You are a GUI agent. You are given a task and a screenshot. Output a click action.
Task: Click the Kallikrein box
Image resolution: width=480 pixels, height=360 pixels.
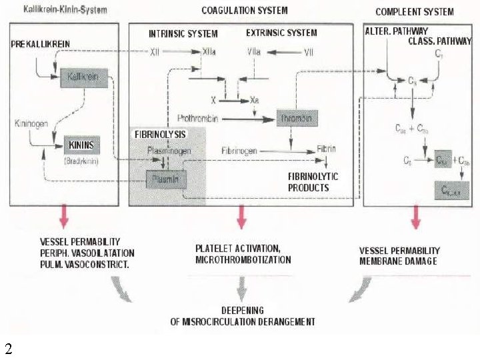(x=83, y=77)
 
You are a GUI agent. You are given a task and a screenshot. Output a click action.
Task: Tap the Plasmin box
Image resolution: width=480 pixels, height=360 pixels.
(x=167, y=179)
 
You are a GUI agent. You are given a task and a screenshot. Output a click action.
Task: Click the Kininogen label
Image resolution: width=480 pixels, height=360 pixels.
(x=29, y=124)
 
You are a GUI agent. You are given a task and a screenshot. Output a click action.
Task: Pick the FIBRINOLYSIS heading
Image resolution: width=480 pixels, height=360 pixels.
(x=160, y=134)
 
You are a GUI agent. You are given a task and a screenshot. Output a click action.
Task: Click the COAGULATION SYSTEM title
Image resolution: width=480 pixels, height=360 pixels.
(x=245, y=11)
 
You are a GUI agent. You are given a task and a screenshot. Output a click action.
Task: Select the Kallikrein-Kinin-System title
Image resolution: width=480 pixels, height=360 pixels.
(x=65, y=11)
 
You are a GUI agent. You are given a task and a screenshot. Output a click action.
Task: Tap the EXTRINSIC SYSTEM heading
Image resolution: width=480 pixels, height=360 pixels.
(x=281, y=33)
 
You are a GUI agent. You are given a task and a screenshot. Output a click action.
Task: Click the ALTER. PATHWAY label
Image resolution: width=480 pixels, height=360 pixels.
(x=397, y=31)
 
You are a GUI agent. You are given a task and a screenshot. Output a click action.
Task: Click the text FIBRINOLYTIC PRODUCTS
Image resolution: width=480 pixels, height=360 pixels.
(x=313, y=182)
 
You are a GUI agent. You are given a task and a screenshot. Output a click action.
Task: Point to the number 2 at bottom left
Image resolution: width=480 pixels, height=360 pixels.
(x=8, y=349)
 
